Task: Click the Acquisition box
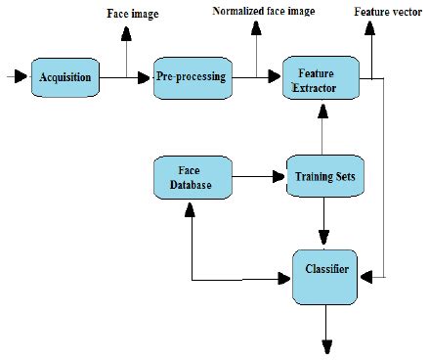point(64,77)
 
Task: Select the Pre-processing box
point(192,77)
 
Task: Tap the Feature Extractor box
point(315,76)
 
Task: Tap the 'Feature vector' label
point(385,13)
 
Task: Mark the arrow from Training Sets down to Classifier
point(323,221)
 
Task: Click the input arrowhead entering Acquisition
point(25,74)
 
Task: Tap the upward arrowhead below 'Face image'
point(126,32)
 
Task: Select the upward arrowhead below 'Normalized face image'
point(255,28)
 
